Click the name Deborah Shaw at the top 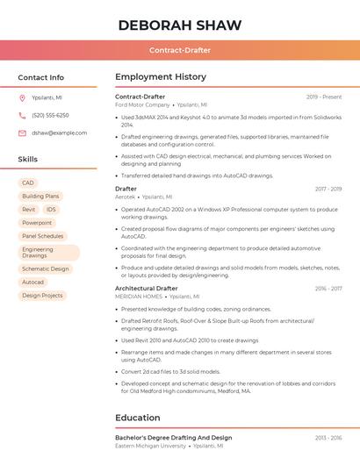pos(179,24)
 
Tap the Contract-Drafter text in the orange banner pos(179,50)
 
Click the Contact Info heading pos(40,77)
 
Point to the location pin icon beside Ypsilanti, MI pos(22,97)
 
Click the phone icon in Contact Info pos(22,115)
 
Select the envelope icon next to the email pos(22,132)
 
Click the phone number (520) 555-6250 pos(50,115)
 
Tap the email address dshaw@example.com pos(59,132)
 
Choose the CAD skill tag pos(28,183)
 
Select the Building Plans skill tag pos(40,197)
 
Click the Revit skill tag pos(29,210)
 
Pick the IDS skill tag pos(51,210)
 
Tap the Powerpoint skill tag pos(37,223)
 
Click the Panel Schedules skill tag pos(43,236)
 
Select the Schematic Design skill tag pos(45,269)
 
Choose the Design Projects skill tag pos(42,296)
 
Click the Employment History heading pos(160,77)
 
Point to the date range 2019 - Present pos(324,97)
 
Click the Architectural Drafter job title pos(146,288)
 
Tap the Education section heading pos(137,418)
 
